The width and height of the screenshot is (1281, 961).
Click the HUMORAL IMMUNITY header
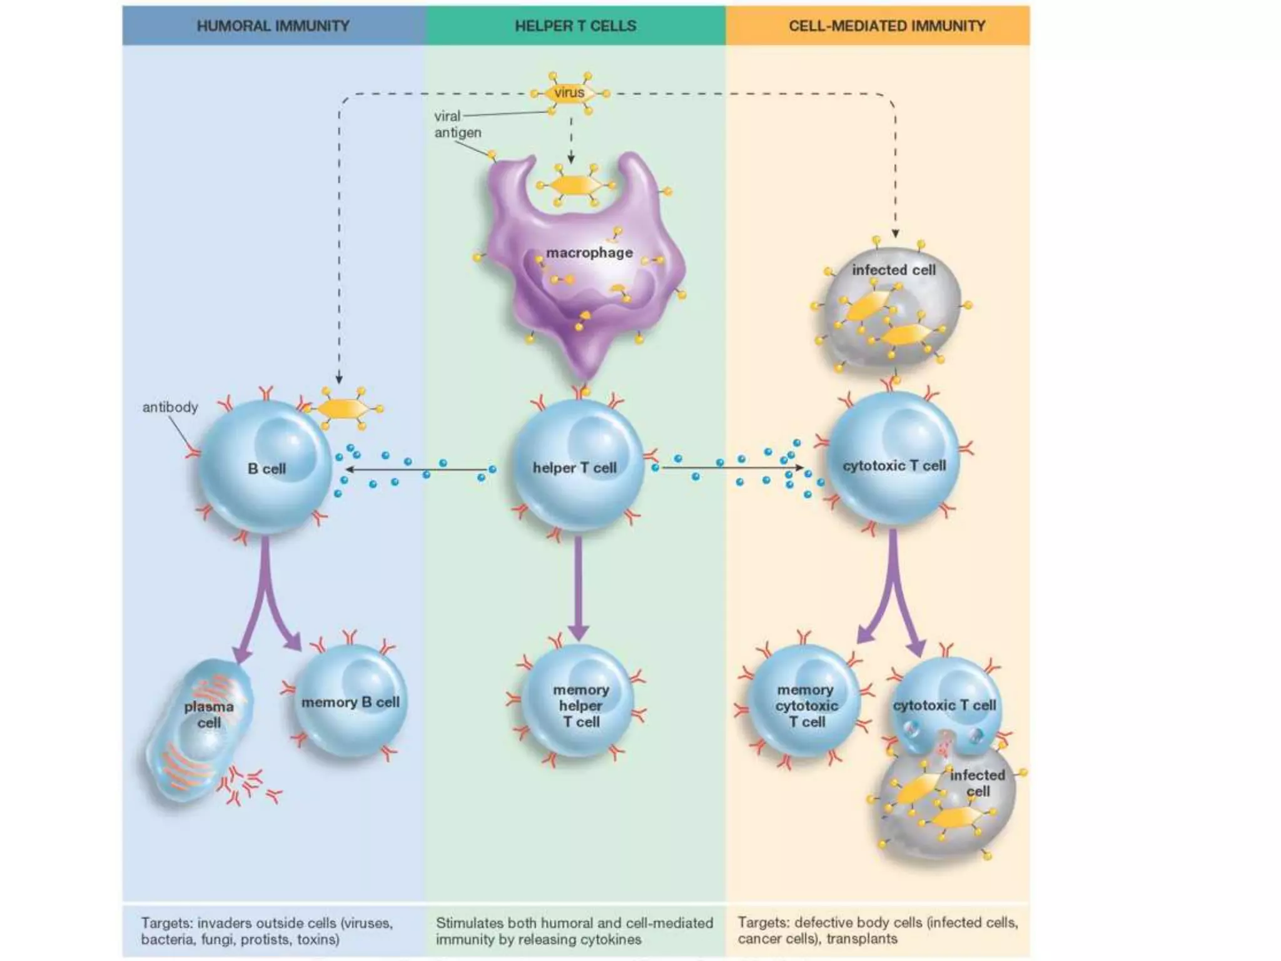click(273, 26)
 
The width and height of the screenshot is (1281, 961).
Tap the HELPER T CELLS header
click(575, 26)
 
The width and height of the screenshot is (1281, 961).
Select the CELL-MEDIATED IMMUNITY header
click(886, 26)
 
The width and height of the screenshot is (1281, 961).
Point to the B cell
click(266, 467)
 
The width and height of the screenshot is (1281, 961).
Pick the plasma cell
click(199, 729)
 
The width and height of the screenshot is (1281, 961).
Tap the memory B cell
click(350, 702)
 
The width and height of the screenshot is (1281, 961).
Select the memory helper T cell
click(580, 704)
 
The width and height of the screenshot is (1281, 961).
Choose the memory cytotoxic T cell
click(806, 704)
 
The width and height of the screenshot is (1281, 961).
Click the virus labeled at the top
click(569, 93)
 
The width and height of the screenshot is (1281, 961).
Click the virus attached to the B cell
click(343, 409)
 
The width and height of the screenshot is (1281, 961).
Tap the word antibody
click(170, 407)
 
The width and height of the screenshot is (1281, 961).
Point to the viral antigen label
click(457, 124)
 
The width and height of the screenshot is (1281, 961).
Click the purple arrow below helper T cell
click(579, 588)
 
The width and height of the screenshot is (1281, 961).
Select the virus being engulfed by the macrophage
click(575, 185)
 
